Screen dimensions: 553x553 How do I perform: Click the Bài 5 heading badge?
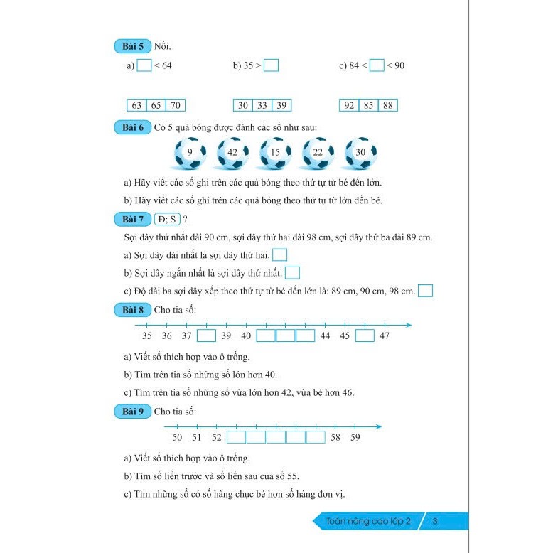(x=129, y=47)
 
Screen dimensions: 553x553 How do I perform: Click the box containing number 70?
(x=175, y=105)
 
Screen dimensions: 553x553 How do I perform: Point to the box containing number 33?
(x=262, y=105)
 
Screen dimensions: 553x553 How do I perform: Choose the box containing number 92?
(x=349, y=105)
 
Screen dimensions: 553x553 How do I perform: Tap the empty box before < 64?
(x=144, y=65)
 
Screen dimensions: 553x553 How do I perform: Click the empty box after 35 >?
(x=271, y=65)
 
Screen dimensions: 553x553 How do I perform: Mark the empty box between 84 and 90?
(x=377, y=65)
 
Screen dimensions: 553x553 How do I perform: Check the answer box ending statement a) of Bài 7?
(x=280, y=254)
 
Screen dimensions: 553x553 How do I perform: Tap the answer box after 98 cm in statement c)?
(x=426, y=291)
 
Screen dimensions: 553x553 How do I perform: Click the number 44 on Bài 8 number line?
(x=325, y=335)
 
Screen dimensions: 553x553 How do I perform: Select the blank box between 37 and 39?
(x=206, y=335)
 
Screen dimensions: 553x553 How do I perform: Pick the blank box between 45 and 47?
(x=365, y=335)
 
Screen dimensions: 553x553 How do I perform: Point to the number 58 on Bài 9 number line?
(x=336, y=437)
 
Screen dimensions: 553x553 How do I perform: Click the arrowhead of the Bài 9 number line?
(x=379, y=426)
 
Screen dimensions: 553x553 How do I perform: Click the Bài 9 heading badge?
(x=129, y=411)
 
